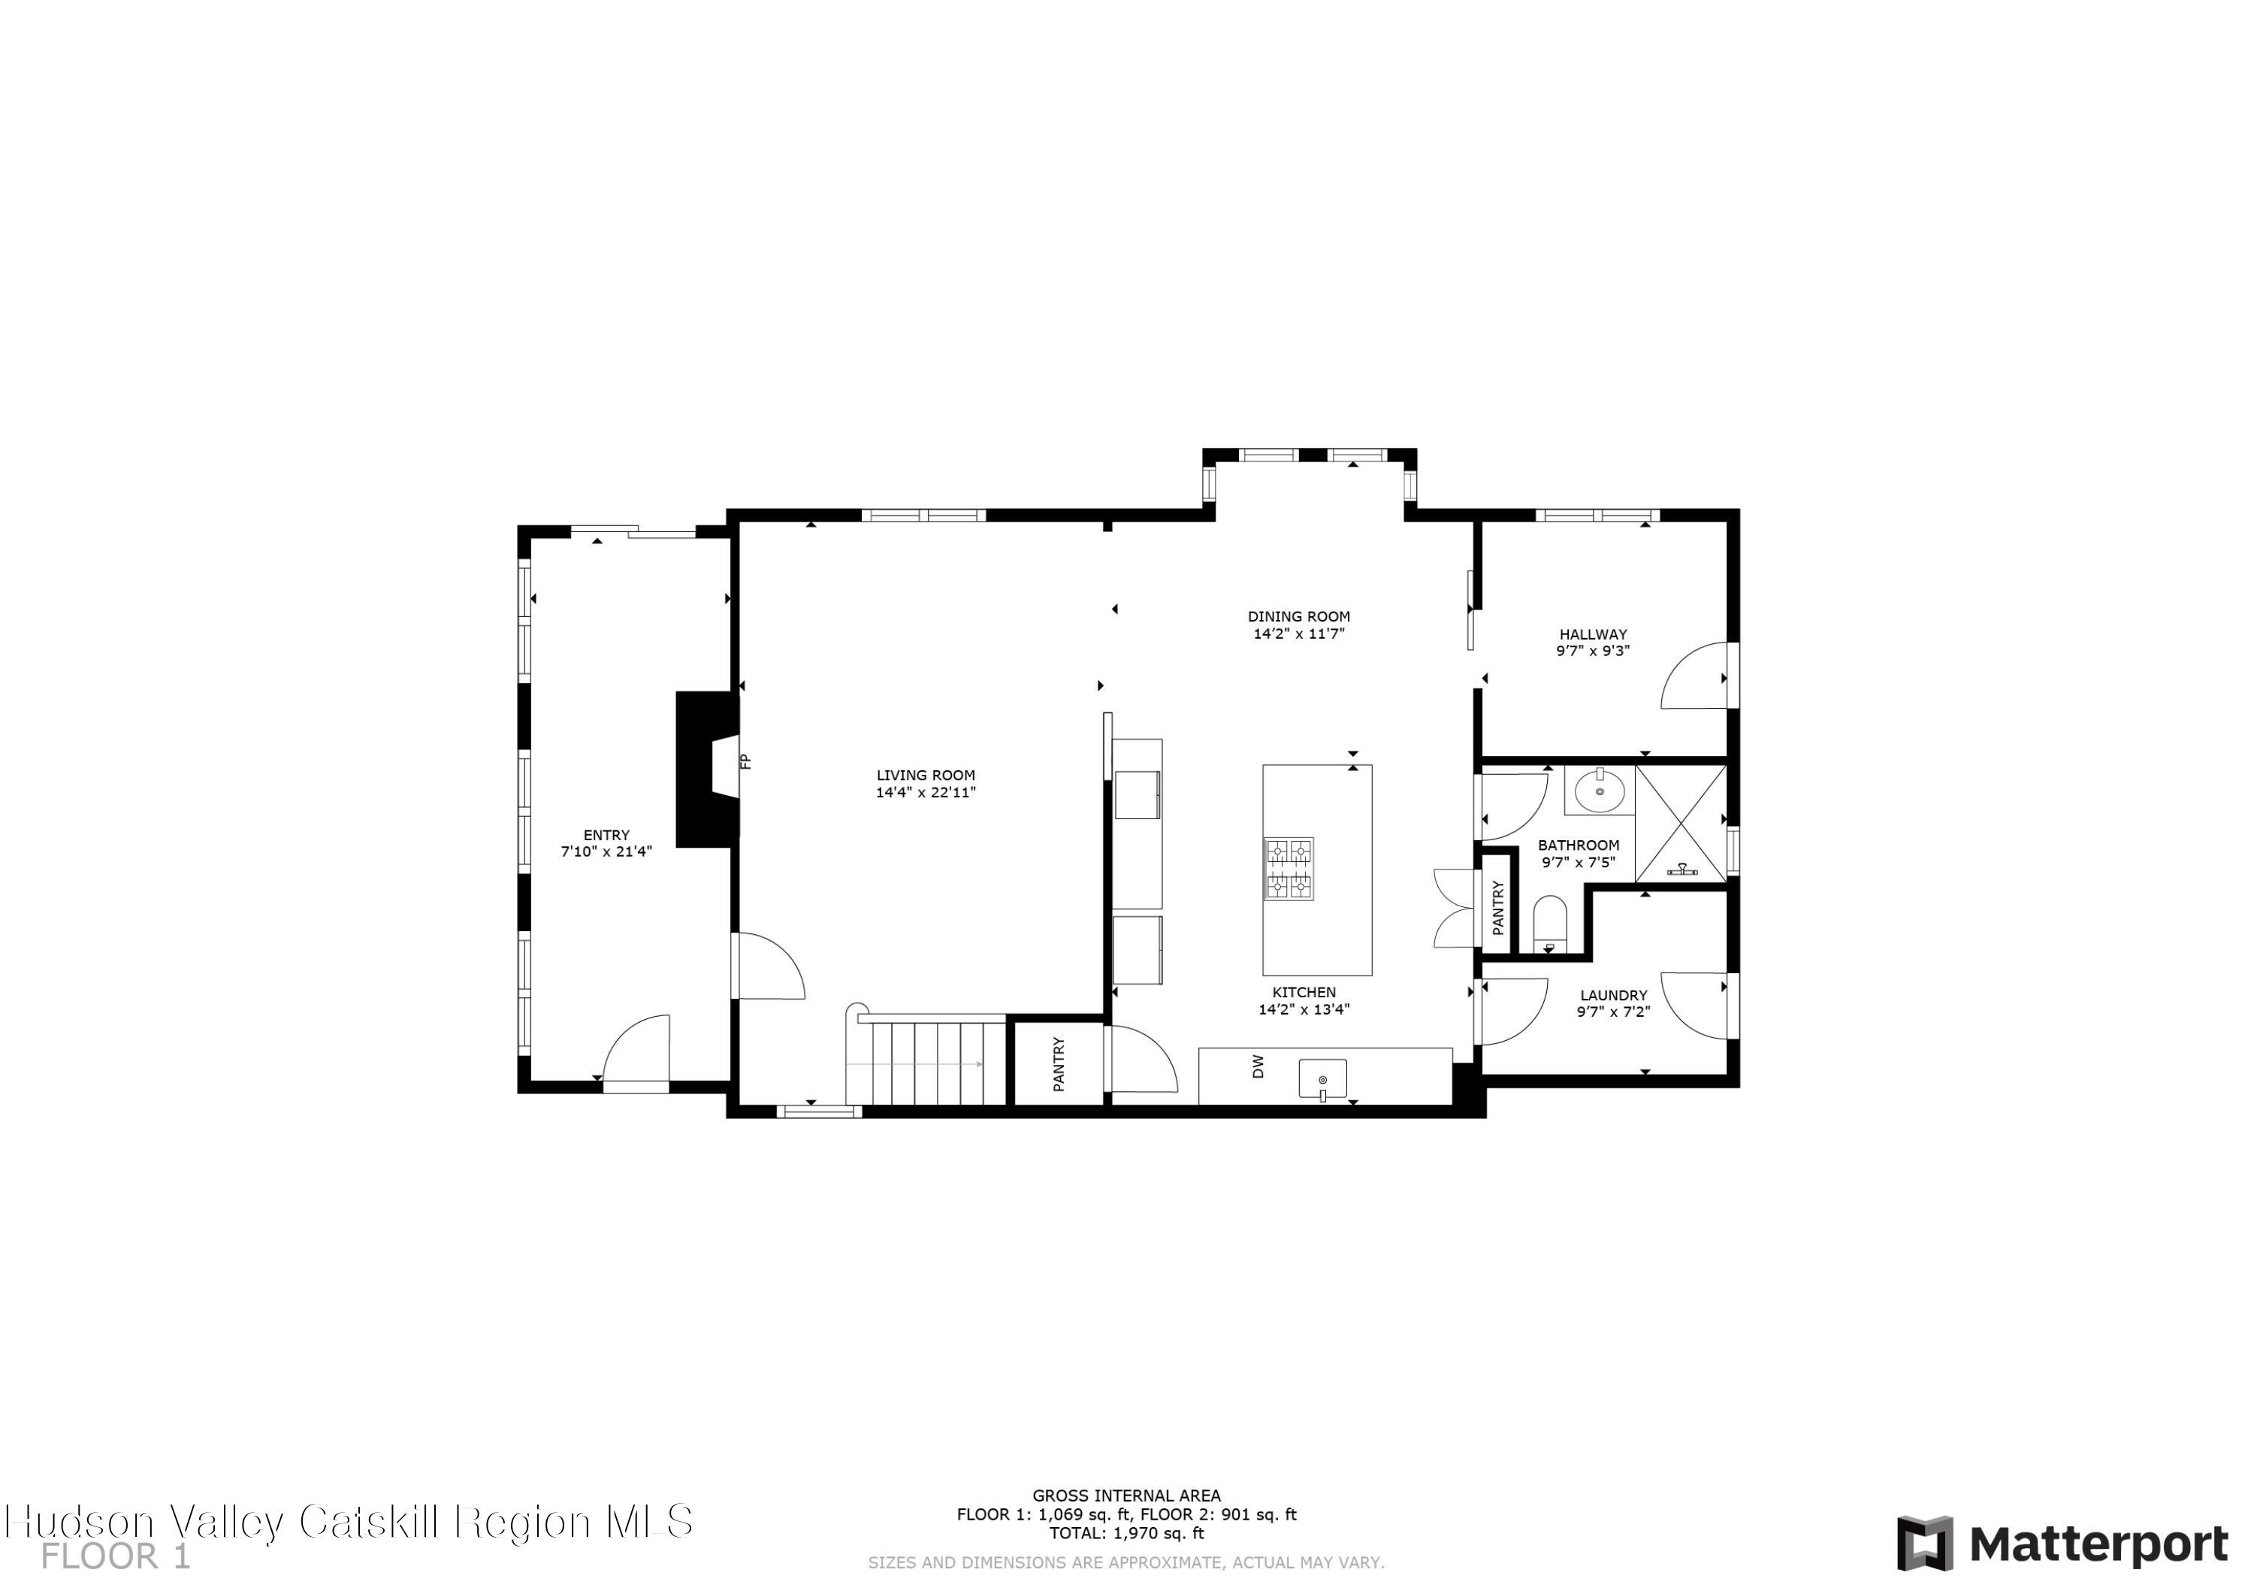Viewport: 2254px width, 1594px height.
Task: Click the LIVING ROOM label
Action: point(925,775)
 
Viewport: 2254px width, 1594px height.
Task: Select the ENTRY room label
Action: point(606,835)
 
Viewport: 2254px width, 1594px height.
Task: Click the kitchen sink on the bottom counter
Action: point(1322,1078)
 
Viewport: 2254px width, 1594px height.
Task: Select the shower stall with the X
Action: point(1680,822)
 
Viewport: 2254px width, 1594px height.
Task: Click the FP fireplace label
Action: point(745,761)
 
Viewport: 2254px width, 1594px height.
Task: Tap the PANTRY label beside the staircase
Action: point(1059,1063)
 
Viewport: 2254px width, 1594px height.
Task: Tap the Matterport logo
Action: point(2062,1544)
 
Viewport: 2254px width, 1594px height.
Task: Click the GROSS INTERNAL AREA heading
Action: point(1126,1496)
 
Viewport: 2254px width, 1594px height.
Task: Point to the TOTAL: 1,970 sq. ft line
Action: point(1126,1533)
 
